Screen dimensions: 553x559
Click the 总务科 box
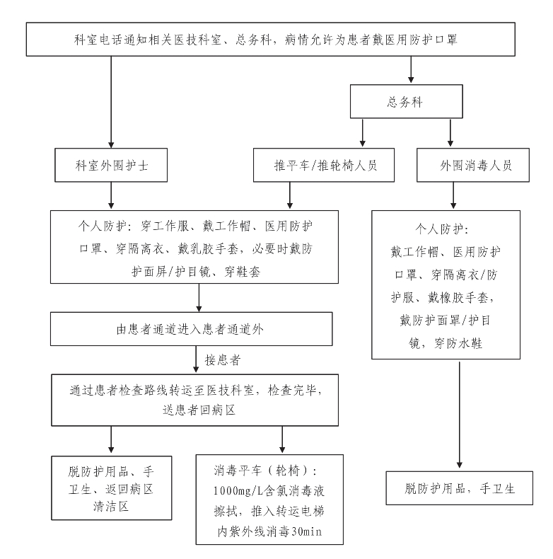point(406,101)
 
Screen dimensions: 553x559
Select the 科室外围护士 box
point(111,165)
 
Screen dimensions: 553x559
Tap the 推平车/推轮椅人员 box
point(324,165)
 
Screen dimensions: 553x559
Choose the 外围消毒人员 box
point(473,165)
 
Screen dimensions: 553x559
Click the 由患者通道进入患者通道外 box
point(192,329)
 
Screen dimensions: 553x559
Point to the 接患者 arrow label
point(223,360)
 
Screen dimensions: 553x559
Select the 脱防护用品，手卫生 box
point(459,488)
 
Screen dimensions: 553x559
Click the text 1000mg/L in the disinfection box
point(235,491)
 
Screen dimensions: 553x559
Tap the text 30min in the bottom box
point(306,532)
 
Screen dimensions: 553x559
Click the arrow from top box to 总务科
point(411,69)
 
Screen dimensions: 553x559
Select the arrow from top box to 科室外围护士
point(111,102)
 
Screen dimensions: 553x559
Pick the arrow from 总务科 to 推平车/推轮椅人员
point(362,132)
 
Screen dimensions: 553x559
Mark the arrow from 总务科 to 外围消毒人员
point(450,132)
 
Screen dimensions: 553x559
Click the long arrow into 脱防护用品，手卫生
point(459,415)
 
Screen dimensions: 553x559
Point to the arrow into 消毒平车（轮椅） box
point(282,439)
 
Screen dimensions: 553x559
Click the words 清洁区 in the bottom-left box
point(111,506)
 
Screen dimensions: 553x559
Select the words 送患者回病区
point(199,410)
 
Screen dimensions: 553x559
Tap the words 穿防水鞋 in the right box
point(458,343)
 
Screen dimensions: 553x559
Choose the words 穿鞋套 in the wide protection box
point(243,272)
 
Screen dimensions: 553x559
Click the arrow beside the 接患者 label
point(196,359)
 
